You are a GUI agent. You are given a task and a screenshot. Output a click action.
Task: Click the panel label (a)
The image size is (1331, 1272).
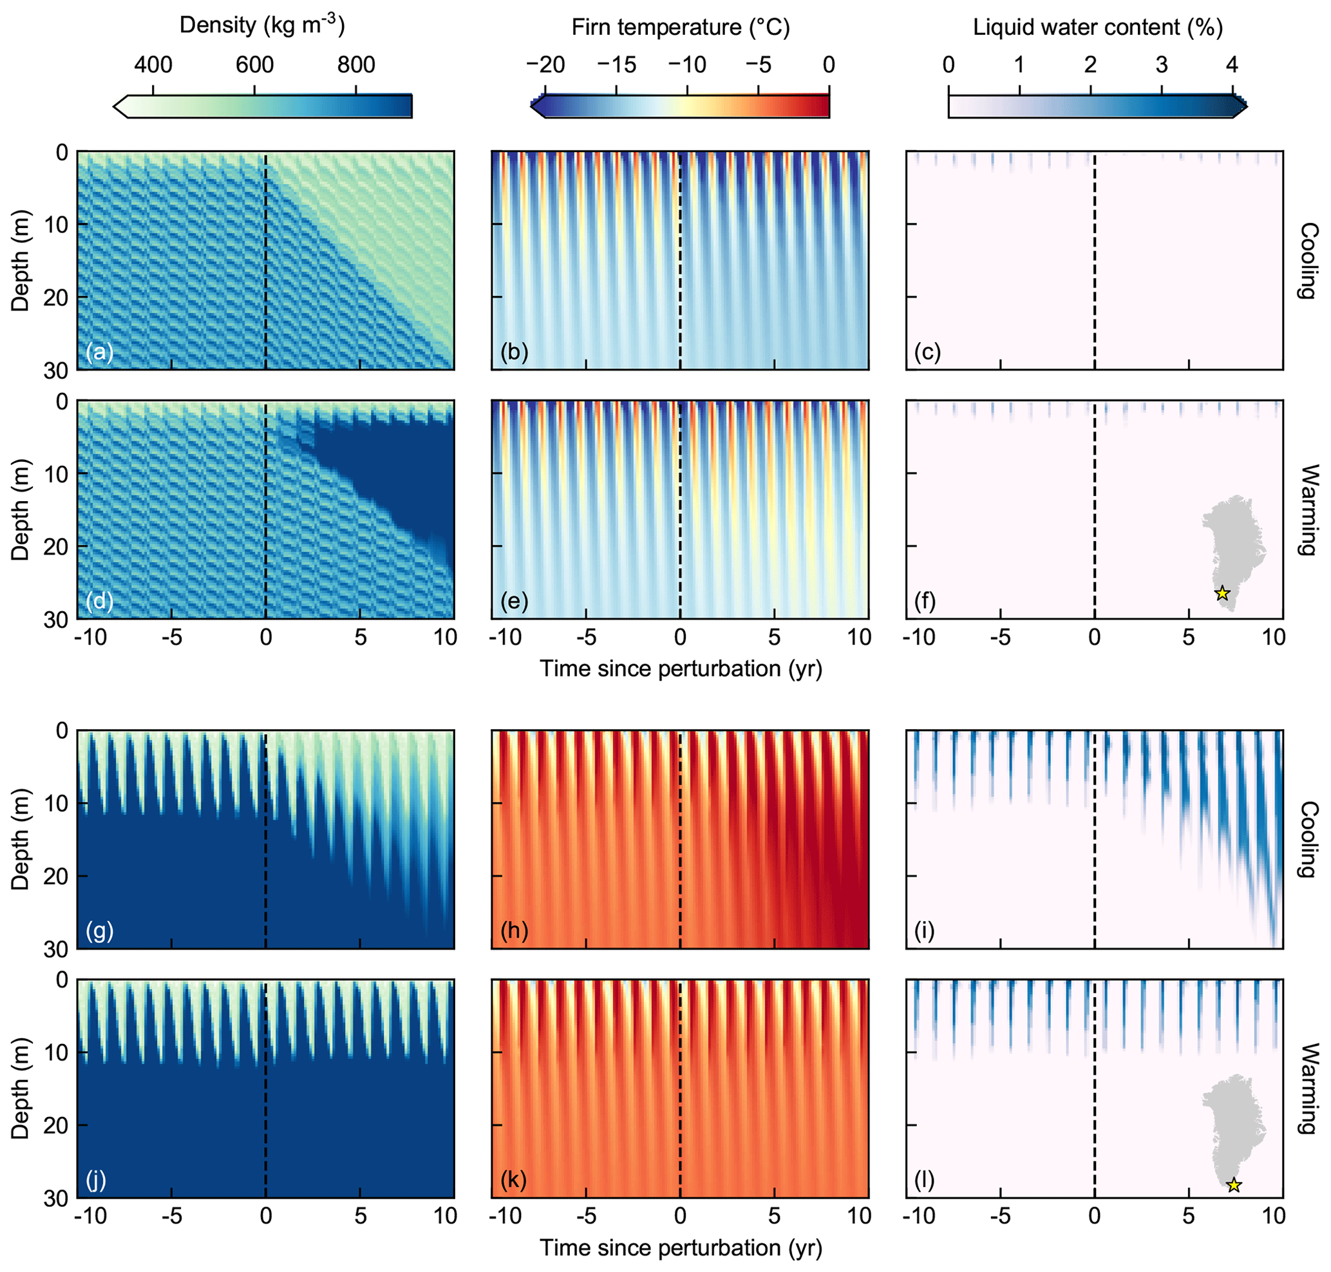coord(99,352)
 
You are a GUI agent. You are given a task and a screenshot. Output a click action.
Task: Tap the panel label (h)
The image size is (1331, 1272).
coord(514,930)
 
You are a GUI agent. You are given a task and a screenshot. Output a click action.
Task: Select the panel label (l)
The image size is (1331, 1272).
coord(924,1180)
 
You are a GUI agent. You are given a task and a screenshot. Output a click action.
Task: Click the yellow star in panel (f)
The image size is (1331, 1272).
coord(1221,593)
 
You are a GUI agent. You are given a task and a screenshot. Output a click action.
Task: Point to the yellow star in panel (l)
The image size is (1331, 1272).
coord(1233,1185)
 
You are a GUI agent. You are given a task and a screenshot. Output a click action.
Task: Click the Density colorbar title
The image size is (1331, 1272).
coord(261,25)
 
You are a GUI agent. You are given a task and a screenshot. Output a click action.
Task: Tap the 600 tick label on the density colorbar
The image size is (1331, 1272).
coord(254,65)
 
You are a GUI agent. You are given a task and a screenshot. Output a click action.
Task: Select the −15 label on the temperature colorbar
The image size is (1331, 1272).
coord(616,65)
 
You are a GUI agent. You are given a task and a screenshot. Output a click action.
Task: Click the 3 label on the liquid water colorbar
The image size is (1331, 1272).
coord(1162,65)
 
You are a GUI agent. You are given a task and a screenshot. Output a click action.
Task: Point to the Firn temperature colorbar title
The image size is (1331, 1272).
coord(680,27)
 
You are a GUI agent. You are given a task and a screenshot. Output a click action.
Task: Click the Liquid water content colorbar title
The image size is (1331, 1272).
coord(1097,27)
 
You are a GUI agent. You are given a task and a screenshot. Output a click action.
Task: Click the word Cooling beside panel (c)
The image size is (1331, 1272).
coord(1308,260)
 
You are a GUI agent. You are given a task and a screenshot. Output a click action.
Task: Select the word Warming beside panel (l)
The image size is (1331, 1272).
coord(1308,1088)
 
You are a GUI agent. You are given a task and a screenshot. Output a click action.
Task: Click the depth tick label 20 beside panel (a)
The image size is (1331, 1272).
coord(56,298)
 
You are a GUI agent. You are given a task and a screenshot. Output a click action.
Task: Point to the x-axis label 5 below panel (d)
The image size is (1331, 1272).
coord(360,638)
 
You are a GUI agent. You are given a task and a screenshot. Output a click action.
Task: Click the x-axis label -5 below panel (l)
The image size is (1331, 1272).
coord(999,1216)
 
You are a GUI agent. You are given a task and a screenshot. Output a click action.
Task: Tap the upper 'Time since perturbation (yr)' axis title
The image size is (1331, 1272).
coord(680,669)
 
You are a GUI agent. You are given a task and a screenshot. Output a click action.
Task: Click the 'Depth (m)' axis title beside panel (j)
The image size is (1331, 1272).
coord(21,1088)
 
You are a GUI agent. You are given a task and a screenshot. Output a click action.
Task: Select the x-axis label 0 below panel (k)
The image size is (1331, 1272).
coord(680,1216)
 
